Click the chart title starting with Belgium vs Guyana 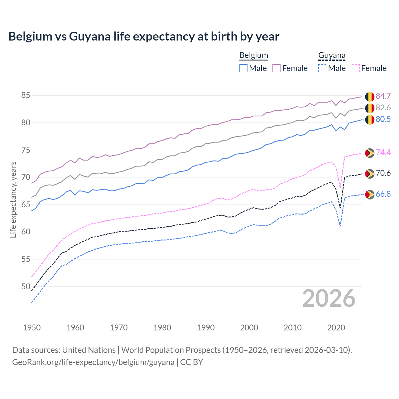144,36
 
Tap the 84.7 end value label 383,96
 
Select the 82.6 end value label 383,108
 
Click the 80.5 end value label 383,119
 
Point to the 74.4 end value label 383,152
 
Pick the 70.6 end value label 383,173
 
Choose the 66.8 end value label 383,194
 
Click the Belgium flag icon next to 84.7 370,97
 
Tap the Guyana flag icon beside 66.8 370,195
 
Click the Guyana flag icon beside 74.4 370,153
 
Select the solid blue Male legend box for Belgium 243,68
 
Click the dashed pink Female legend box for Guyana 356,68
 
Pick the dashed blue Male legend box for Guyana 322,68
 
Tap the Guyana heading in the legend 332,55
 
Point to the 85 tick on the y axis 26,95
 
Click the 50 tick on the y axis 26,286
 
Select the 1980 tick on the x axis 162,328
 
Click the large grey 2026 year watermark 329,298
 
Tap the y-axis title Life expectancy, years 13,199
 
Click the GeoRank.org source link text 93,362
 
